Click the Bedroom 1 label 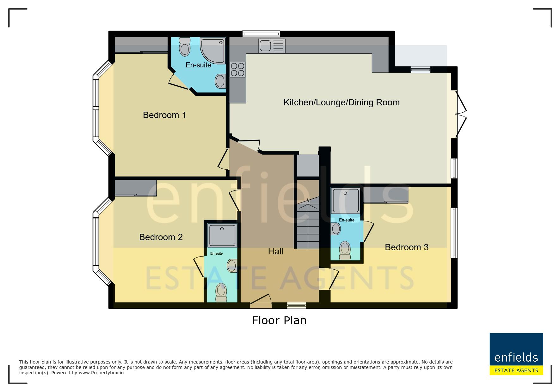tap(164, 115)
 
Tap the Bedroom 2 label tap(161, 237)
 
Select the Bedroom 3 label tap(407, 247)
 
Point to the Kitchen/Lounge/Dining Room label tap(342, 102)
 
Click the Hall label tap(275, 252)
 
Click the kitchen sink tap(272, 46)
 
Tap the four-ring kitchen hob tap(237, 70)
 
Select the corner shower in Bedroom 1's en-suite tap(213, 51)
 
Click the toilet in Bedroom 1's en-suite tap(185, 47)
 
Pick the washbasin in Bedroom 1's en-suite tap(220, 81)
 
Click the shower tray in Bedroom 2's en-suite tap(222, 235)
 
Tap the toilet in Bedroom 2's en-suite tap(221, 293)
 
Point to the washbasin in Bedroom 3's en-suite tap(335, 229)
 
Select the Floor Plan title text tap(279, 320)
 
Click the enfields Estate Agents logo tap(516, 354)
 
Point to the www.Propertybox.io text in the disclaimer tap(101, 373)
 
